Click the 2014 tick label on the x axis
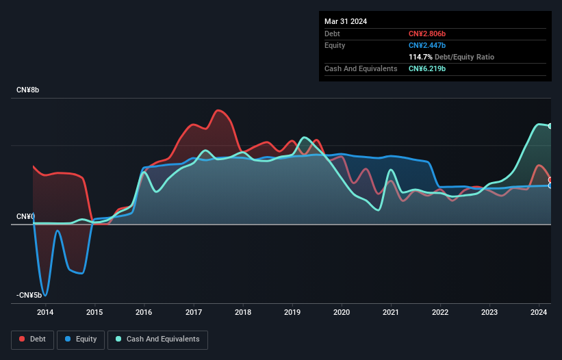pos(45,313)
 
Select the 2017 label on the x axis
pos(194,313)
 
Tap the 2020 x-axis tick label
pos(342,313)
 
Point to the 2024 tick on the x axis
pos(539,313)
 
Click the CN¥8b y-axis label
pos(29,90)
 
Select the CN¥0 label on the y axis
pos(25,216)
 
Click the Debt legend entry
pos(33,339)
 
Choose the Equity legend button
pos(81,339)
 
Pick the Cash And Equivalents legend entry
pos(157,339)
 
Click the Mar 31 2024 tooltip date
pos(346,21)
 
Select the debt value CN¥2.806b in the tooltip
pos(427,34)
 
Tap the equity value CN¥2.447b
pos(427,45)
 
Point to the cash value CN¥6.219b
pos(427,68)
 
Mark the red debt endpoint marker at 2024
pos(550,180)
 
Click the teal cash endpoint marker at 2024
pos(550,126)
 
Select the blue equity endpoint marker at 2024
pos(550,185)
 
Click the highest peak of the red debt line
pos(218,110)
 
